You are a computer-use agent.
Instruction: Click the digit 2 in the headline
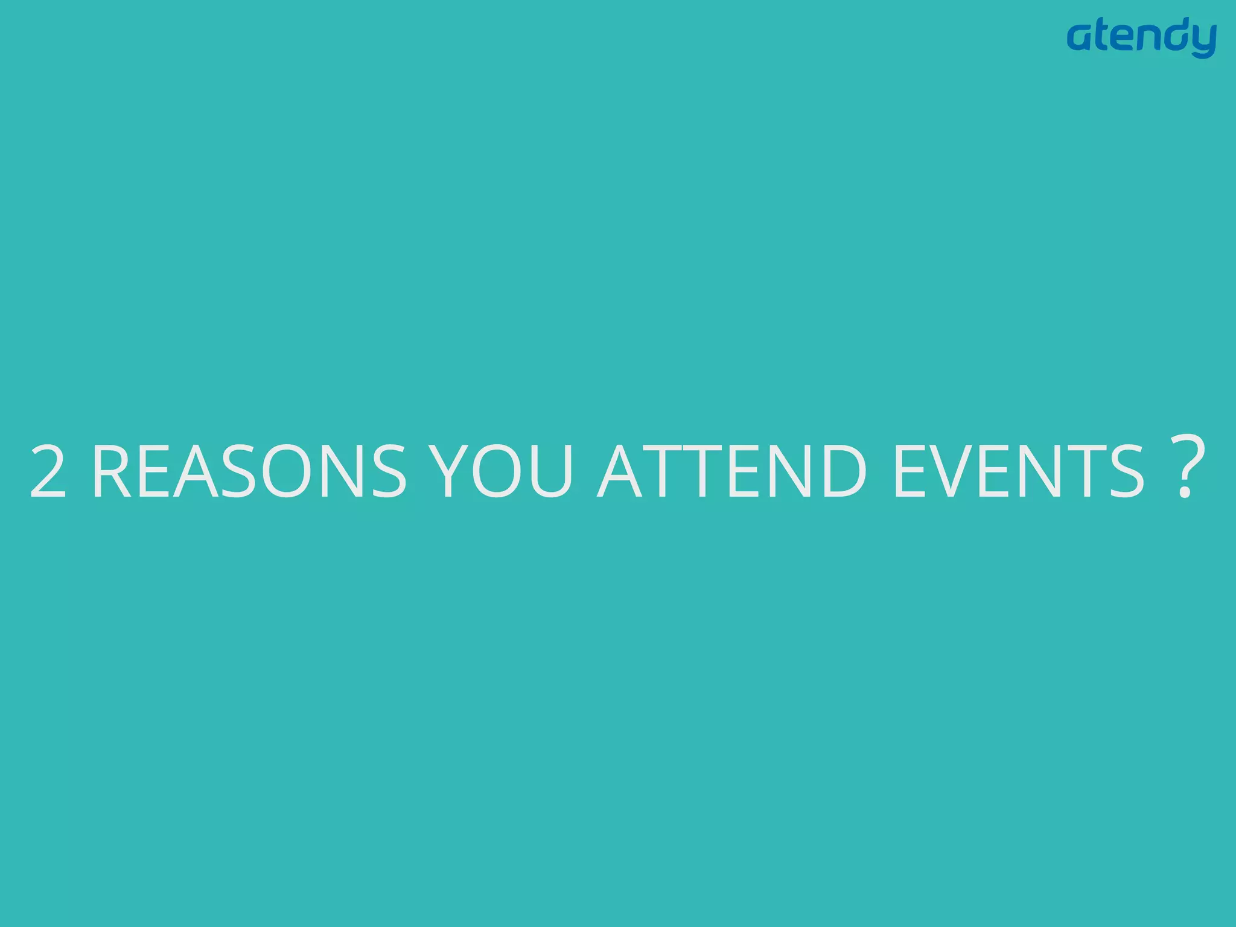48,471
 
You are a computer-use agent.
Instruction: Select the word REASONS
249,471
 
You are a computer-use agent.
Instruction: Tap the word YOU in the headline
503,471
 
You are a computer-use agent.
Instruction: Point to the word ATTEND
732,471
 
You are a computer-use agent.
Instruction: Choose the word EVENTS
1018,471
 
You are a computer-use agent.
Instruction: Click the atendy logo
1141,37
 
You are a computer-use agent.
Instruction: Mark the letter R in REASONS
112,471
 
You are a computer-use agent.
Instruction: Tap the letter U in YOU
551,471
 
